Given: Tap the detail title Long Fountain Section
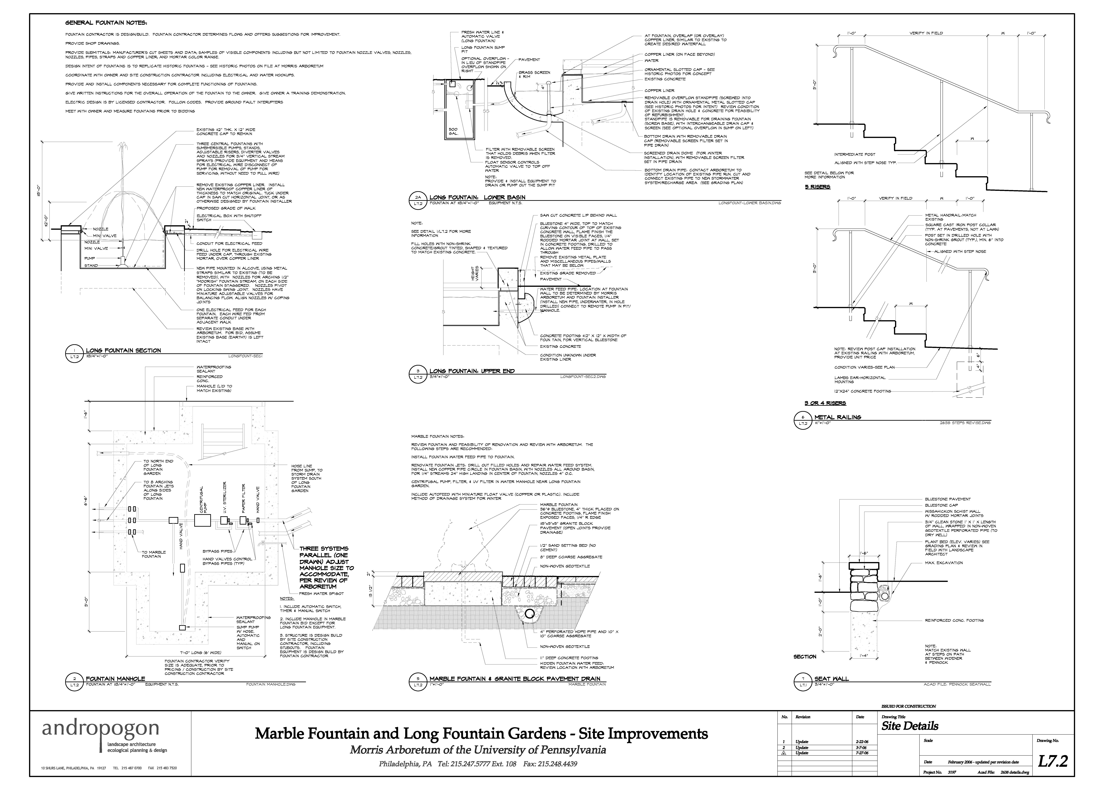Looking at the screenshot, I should pos(123,350).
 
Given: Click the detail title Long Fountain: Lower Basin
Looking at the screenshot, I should pos(477,197).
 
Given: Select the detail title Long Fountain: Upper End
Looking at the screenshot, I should pos(472,371).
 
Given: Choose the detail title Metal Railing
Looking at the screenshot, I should pos(837,417).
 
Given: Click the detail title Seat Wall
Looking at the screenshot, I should pos(832,679).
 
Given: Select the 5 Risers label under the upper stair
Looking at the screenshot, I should pos(818,187).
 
